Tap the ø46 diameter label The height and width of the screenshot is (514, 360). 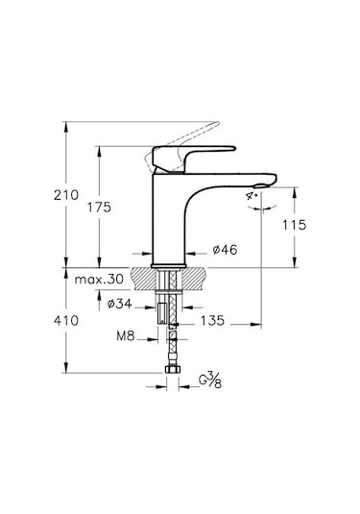coord(224,250)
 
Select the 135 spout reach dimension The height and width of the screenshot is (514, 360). coord(212,322)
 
